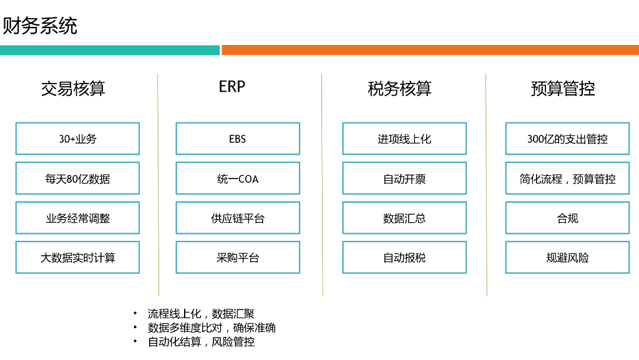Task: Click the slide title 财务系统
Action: click(x=41, y=27)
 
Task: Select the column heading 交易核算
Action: click(x=73, y=89)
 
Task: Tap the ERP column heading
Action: click(x=232, y=87)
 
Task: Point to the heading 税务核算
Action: click(x=399, y=89)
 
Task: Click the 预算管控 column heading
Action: click(x=563, y=89)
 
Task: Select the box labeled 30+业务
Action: click(x=77, y=139)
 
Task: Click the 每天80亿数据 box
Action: click(x=77, y=178)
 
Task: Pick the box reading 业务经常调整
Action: click(x=77, y=218)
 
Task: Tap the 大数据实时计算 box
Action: click(x=77, y=258)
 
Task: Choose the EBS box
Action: click(x=238, y=139)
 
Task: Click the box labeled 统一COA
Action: click(x=238, y=178)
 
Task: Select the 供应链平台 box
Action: click(x=238, y=218)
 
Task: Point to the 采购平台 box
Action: click(x=238, y=258)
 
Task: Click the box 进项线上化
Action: click(x=404, y=139)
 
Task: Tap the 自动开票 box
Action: click(x=404, y=178)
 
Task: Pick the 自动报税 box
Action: click(x=404, y=258)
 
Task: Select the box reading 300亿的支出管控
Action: click(x=567, y=139)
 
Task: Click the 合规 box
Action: click(x=567, y=218)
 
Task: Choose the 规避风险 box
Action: click(x=567, y=258)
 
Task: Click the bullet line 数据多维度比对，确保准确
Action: click(x=212, y=328)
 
